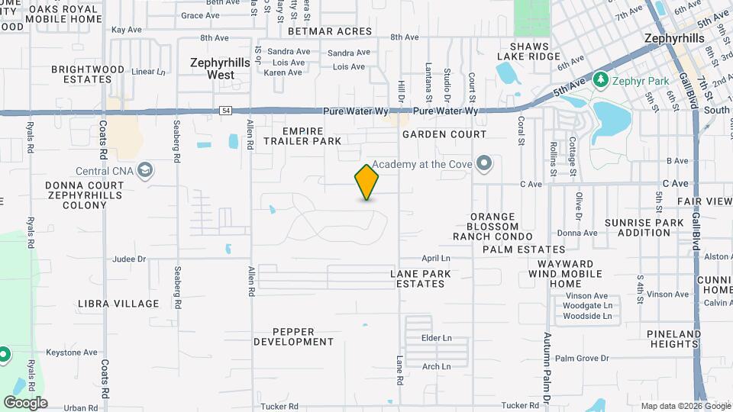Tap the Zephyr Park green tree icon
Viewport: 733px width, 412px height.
coord(601,79)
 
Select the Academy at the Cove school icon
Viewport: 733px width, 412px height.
coord(483,163)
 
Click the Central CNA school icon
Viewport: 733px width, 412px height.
coord(144,171)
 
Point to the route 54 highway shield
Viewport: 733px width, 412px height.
coord(225,111)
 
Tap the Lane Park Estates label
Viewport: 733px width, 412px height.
coord(420,278)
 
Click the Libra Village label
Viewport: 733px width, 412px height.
coord(118,304)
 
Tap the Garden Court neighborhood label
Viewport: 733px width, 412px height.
coord(444,134)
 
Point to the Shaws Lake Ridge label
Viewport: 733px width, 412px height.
coord(528,51)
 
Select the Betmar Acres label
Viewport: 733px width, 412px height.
coord(330,32)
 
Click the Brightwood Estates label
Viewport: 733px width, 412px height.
coord(87,74)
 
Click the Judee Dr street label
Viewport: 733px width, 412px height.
coord(129,259)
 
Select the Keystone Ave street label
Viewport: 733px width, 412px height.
coord(70,352)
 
